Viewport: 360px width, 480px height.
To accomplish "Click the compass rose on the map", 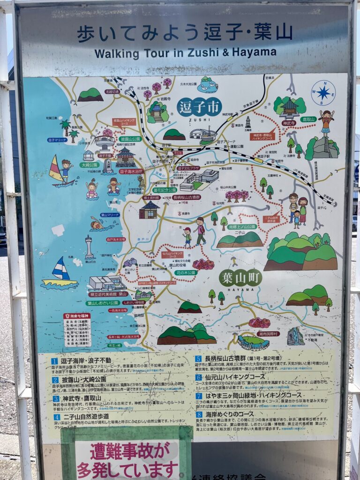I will (323, 92).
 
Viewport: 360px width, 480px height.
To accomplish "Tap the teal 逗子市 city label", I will (199, 107).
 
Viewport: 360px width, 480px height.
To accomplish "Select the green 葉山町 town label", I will (240, 277).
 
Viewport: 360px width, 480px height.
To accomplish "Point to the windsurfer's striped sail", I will (55, 169).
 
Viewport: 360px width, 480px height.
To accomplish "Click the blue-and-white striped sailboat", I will (60, 270).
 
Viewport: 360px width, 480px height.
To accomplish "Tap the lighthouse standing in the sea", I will (89, 246).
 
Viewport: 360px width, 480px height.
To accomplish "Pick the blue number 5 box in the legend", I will (198, 359).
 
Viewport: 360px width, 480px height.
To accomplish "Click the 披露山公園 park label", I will (130, 139).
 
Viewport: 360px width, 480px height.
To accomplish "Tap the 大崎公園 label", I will (89, 165).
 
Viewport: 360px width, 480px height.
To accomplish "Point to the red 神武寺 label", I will (289, 123).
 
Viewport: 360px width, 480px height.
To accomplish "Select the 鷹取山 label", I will (308, 120).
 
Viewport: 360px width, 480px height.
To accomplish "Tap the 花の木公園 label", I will (186, 272).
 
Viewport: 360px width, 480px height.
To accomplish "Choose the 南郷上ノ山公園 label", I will (242, 226).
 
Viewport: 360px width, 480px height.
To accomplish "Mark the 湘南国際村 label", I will (268, 334).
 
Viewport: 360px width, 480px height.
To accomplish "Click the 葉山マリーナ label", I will (110, 215).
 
